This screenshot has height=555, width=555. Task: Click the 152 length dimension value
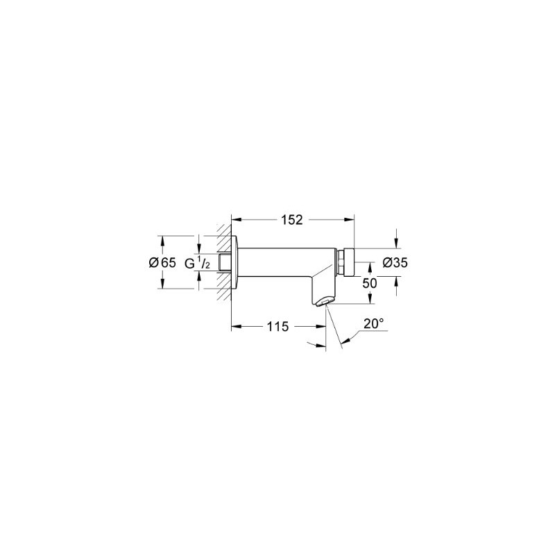tap(292, 220)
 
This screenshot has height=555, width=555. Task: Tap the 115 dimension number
tap(277, 326)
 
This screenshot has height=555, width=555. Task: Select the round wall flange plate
tap(235, 263)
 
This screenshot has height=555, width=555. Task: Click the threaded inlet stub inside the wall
tap(223, 263)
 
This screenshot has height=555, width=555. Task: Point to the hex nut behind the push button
tap(341, 262)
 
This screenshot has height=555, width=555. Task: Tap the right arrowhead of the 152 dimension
tap(350, 220)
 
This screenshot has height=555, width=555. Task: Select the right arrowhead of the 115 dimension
tap(321, 326)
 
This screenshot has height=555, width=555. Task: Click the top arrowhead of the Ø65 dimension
tap(163, 240)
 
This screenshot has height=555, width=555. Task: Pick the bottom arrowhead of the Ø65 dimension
tap(163, 286)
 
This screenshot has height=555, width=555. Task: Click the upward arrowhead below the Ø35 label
tap(396, 280)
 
